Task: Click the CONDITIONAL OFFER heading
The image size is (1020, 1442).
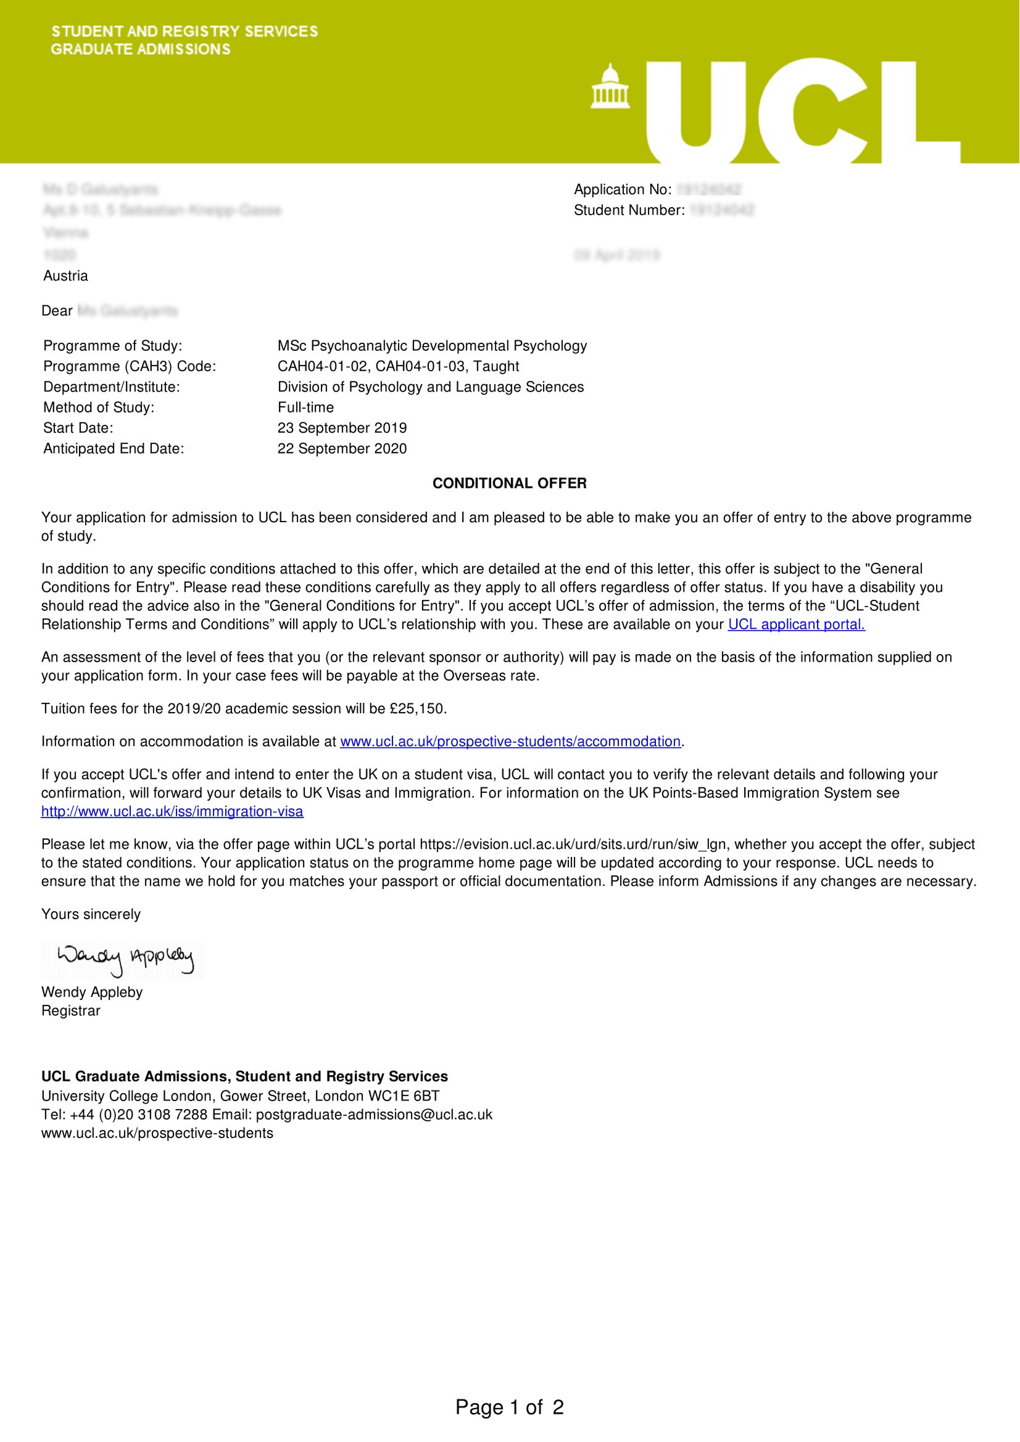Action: point(509,483)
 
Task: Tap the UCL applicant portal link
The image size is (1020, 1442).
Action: point(796,625)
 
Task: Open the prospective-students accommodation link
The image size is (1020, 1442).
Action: point(510,741)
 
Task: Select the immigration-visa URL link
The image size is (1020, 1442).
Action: point(172,811)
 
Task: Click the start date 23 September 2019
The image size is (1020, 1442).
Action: point(342,428)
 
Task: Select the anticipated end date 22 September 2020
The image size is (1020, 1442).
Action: point(342,448)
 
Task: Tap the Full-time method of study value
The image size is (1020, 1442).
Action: point(305,407)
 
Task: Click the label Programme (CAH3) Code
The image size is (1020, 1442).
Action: point(130,366)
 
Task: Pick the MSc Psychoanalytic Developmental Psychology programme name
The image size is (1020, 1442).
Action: point(432,345)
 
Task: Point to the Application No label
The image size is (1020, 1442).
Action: point(622,190)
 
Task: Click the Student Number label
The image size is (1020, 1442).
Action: point(628,210)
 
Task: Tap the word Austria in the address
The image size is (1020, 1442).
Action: point(65,276)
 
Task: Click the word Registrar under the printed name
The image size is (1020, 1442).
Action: point(70,1010)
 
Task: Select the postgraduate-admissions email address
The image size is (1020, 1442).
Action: point(374,1114)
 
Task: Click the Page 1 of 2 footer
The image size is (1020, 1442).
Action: point(510,1407)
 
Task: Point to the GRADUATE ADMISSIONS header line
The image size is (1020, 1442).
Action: point(141,49)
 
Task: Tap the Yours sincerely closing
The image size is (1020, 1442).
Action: point(91,914)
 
